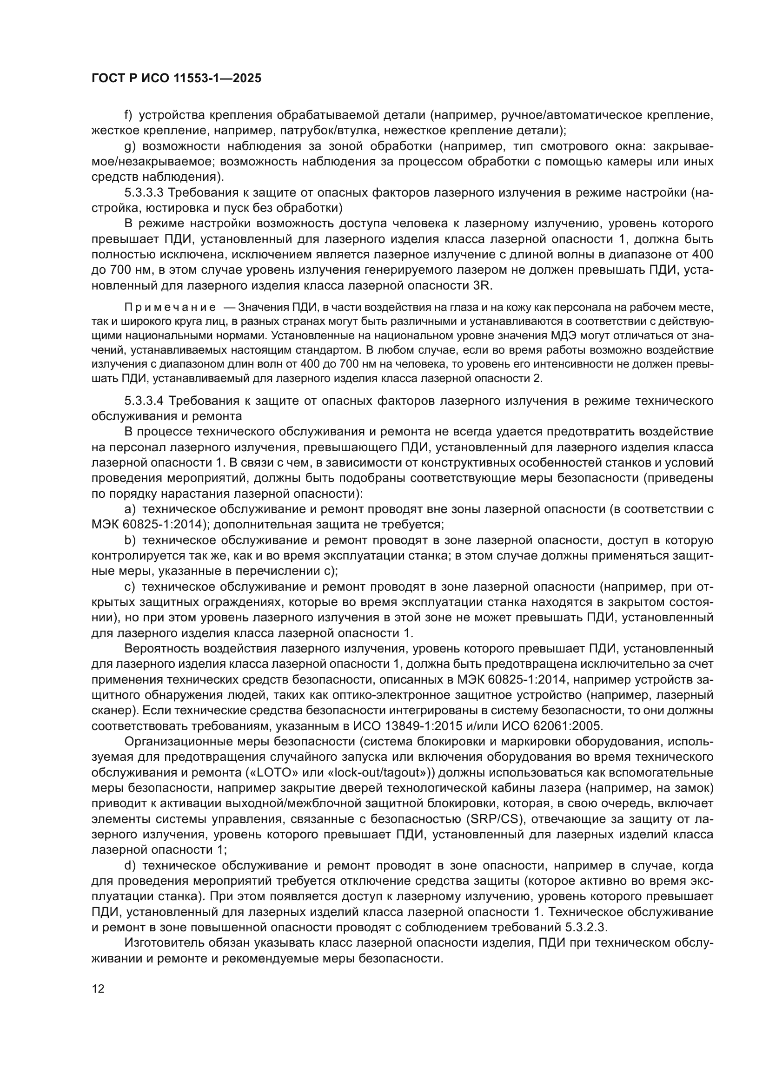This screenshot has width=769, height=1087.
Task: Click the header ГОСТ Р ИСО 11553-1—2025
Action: point(176,79)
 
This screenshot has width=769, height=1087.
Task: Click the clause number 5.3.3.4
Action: point(144,401)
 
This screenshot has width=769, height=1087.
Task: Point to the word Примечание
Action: point(170,308)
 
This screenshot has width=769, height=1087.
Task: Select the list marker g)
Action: point(129,146)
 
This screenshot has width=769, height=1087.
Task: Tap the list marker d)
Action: point(130,866)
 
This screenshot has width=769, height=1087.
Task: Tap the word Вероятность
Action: point(158,648)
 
